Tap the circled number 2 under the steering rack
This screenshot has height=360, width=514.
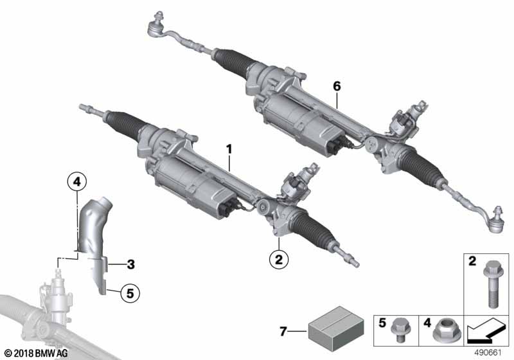pos(279,260)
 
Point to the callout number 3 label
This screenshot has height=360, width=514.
pos(130,264)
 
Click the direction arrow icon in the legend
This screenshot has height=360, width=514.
pos(488,334)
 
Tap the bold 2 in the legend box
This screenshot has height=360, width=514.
pos(474,262)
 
